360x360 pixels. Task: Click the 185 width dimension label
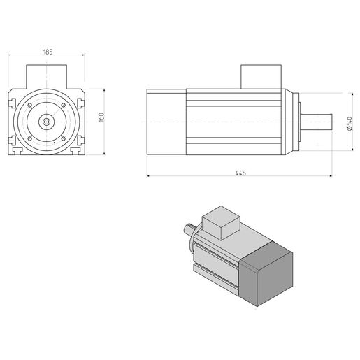(48, 52)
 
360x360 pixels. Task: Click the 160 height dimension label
(101, 117)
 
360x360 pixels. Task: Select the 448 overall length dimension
(240, 173)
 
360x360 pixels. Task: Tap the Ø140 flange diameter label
(350, 124)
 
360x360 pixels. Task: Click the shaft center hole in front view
(46, 122)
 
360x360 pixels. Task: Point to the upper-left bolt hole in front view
(30, 105)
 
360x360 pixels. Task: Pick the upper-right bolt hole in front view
(63, 105)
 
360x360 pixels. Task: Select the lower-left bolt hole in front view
(30, 138)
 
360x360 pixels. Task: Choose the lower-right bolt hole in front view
(63, 138)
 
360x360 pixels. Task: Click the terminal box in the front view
(46, 77)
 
